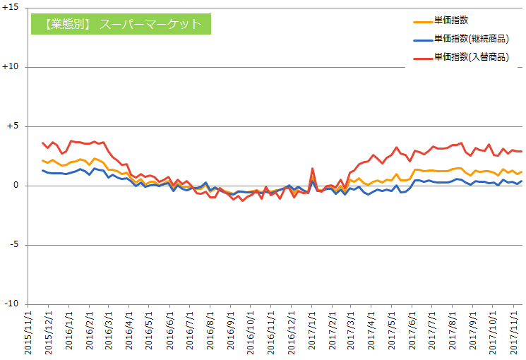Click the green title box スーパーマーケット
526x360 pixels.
coord(121,24)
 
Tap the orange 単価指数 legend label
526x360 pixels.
coord(451,20)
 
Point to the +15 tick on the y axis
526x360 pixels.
coord(11,7)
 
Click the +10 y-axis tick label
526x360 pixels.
coord(11,67)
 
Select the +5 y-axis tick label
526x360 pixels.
coord(13,126)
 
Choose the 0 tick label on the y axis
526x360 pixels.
coord(16,185)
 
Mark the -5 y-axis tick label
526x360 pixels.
coord(14,244)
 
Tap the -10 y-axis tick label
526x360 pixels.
coord(11,304)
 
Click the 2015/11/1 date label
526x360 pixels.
coord(28,332)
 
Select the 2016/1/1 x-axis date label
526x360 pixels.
coord(69,330)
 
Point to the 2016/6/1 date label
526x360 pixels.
coord(170,330)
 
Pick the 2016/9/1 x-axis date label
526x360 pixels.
coord(230,330)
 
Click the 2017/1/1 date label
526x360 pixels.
coord(312,330)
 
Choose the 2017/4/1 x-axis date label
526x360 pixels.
coord(371,330)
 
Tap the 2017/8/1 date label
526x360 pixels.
coord(452,330)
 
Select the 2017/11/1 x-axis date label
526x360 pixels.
coord(513,332)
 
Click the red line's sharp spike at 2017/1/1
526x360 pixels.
coord(312,169)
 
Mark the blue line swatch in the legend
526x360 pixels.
coord(423,40)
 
